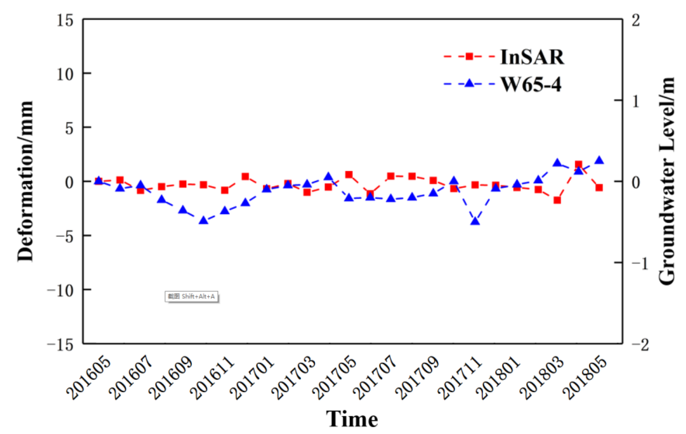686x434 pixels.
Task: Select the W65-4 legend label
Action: click(531, 85)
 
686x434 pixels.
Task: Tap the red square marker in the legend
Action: click(469, 56)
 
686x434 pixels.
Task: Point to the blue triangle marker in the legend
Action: click(469, 83)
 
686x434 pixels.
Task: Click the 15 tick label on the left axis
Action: click(65, 20)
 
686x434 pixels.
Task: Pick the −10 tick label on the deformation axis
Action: click(60, 291)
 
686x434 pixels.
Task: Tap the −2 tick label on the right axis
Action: click(640, 345)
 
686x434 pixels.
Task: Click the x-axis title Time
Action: click(352, 419)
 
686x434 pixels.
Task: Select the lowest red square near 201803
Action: click(557, 200)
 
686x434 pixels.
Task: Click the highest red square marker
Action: click(578, 164)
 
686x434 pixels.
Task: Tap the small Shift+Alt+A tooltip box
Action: click(192, 296)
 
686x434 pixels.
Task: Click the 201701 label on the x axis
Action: click(252, 378)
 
